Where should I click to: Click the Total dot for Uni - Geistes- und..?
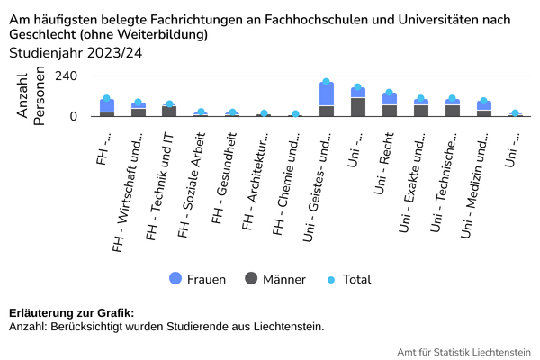click(x=327, y=82)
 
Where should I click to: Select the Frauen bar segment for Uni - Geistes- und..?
click(x=327, y=94)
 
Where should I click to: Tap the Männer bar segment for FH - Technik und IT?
click(x=169, y=112)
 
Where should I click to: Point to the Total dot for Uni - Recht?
click(x=390, y=93)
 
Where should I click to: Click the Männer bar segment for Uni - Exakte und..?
click(x=421, y=111)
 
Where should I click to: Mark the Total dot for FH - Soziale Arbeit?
click(x=201, y=112)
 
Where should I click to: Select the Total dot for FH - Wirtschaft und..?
click(x=138, y=103)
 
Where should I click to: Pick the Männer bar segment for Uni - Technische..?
click(x=453, y=111)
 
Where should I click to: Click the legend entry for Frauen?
click(x=197, y=279)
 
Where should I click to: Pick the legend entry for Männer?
click(x=274, y=279)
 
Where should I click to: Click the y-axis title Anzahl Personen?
click(x=31, y=100)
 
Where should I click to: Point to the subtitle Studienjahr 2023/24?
click(x=76, y=53)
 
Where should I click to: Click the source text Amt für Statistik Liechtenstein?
click(x=463, y=351)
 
